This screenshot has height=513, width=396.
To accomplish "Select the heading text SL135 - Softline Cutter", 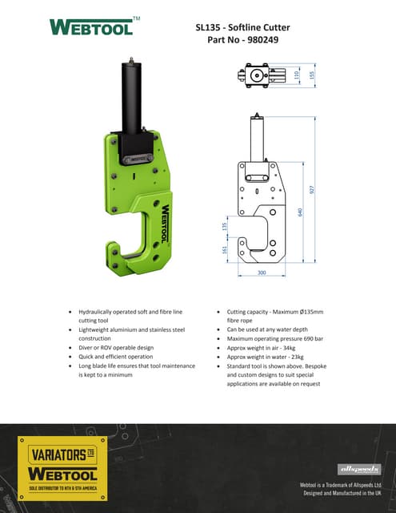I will tap(242, 27).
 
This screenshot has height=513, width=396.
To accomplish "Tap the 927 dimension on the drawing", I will tap(313, 189).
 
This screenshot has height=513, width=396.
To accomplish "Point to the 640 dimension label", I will tap(300, 212).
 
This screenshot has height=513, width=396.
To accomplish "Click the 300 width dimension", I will tap(261, 273).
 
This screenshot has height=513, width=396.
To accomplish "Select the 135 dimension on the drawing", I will tap(224, 227).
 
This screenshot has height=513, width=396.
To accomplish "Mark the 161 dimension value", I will tap(224, 250).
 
